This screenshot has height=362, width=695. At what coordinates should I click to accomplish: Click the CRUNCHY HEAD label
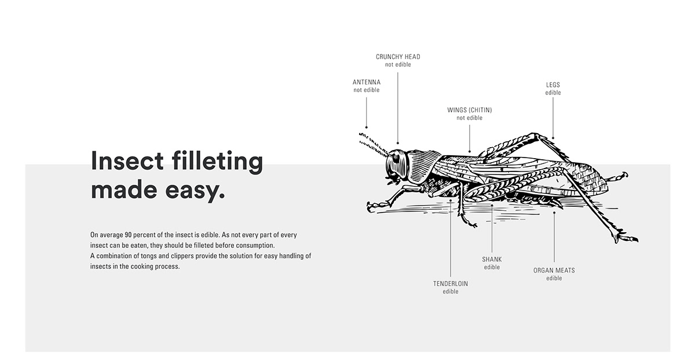tap(398, 57)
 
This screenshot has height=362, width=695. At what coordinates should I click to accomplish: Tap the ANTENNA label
tap(367, 82)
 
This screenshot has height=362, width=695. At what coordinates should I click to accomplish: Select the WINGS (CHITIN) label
tap(469, 110)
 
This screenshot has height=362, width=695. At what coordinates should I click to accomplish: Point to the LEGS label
tap(553, 85)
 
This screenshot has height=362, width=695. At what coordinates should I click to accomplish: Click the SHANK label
tap(492, 259)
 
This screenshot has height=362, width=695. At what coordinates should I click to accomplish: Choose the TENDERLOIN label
tap(451, 284)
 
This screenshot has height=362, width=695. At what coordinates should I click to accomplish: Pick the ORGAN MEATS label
tap(554, 270)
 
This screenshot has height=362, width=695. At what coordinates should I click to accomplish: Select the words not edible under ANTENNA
tap(367, 90)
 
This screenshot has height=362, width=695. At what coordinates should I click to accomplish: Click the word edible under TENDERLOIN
tap(451, 292)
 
